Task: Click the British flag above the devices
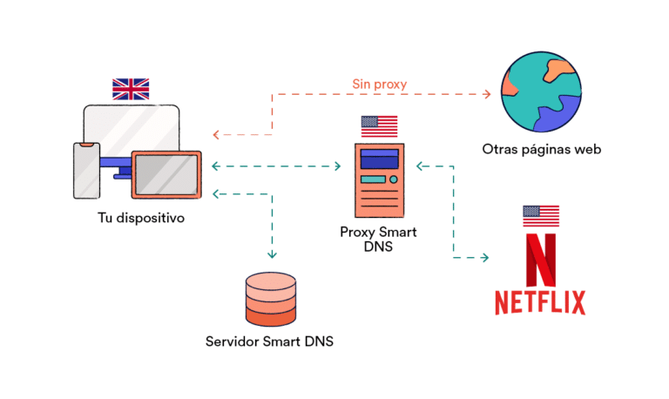coord(131,88)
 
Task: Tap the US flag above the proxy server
coord(379,126)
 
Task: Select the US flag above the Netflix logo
coord(540,216)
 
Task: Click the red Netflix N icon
coord(540,257)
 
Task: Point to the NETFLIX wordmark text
coord(540,301)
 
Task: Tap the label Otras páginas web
coord(542,149)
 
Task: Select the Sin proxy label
coord(380,85)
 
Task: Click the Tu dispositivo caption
coord(141,218)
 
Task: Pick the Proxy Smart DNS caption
coord(379,239)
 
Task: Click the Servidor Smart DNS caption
coord(270,341)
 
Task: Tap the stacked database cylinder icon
coord(271,298)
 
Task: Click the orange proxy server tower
coord(379,180)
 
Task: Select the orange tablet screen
coord(166,174)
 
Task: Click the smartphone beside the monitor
coord(86,169)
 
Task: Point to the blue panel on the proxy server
coord(379,159)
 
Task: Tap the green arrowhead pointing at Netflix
coord(485,258)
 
